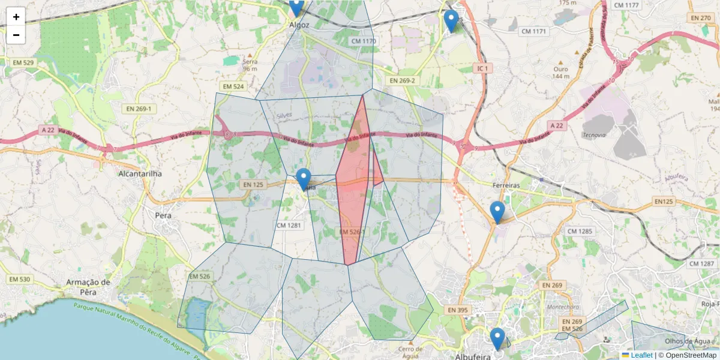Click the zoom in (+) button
16,17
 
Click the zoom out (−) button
16,35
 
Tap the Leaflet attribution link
641,355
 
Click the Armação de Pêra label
88,287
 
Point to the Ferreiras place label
506,185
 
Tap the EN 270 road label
701,18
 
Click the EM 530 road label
20,279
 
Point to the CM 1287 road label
701,263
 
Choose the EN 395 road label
457,310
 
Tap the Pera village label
163,215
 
